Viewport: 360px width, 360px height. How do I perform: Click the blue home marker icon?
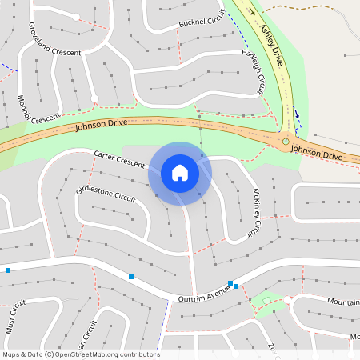click(180, 172)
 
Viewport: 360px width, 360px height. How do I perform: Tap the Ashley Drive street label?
click(272, 45)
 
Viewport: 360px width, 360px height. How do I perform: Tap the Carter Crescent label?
click(119, 158)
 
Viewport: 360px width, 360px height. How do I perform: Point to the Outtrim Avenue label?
click(203, 295)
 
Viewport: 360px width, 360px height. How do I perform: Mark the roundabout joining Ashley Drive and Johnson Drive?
click(285, 142)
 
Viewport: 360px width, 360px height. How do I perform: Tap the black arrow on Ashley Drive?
click(253, 12)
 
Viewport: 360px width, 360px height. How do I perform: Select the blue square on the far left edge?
click(8, 270)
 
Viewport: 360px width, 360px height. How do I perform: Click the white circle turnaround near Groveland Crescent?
click(76, 17)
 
